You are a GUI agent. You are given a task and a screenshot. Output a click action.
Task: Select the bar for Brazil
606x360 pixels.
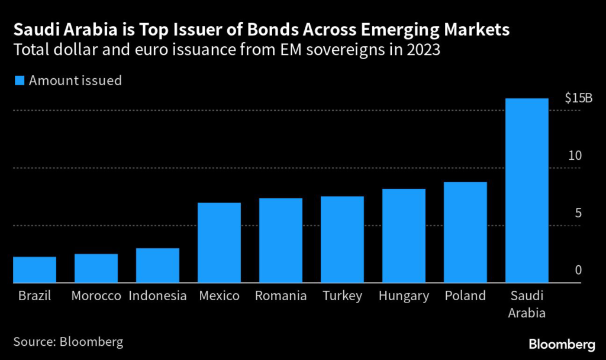pyautogui.click(x=34, y=269)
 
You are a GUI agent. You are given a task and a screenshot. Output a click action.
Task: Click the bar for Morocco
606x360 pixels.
pyautogui.click(x=96, y=268)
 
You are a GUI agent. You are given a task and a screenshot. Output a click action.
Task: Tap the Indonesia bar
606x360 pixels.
pyautogui.click(x=157, y=265)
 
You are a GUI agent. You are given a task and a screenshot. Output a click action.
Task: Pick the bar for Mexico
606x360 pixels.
pyautogui.click(x=219, y=243)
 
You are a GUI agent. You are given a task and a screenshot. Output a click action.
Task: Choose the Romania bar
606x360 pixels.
pyautogui.click(x=281, y=240)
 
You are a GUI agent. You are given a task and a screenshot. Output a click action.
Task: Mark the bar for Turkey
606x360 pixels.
pyautogui.click(x=342, y=239)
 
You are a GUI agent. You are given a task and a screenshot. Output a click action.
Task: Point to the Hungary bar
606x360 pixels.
pyautogui.click(x=404, y=236)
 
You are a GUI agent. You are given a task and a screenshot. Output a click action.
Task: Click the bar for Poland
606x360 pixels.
pyautogui.click(x=465, y=232)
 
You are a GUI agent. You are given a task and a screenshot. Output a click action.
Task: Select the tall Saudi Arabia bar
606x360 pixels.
pyautogui.click(x=527, y=191)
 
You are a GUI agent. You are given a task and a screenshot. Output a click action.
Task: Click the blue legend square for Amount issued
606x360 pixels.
pyautogui.click(x=19, y=81)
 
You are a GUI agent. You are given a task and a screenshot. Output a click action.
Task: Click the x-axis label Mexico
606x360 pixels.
pyautogui.click(x=219, y=296)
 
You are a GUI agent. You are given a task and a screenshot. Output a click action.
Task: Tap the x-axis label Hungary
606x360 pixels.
pyautogui.click(x=404, y=296)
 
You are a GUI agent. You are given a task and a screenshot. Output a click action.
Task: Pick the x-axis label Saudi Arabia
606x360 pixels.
pyautogui.click(x=527, y=304)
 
